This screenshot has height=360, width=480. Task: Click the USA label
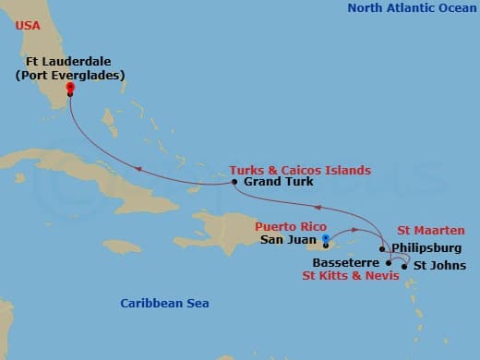[27, 26]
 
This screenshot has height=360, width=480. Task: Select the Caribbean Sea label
[165, 303]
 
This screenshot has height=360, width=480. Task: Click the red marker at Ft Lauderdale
[70, 90]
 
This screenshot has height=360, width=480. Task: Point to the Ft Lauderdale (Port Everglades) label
[69, 69]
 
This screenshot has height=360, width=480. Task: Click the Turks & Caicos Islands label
[300, 170]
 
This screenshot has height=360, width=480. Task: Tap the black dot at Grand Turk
[234, 183]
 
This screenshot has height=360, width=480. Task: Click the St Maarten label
[431, 231]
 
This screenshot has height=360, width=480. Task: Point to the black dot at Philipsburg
[382, 249]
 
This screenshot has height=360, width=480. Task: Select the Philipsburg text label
[426, 248]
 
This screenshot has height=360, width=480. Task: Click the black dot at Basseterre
[389, 263]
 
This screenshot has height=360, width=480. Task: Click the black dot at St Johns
[404, 266]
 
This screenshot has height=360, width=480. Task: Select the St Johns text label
[432, 266]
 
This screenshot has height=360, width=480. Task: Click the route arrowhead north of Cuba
[139, 168]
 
